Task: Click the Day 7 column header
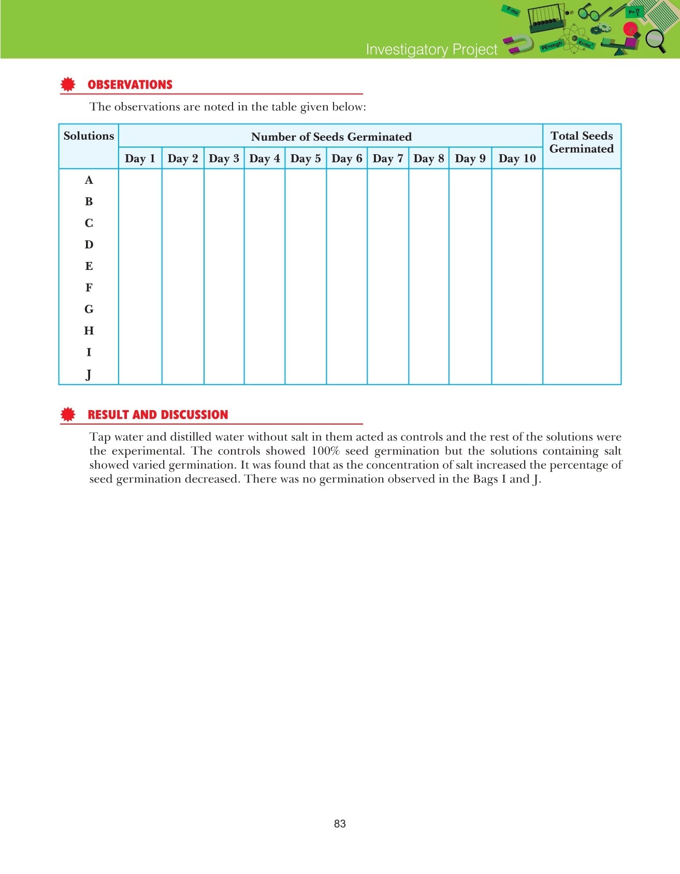coord(387,158)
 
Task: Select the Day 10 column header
coord(517,158)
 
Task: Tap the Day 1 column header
coord(140,158)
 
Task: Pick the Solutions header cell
coord(89,136)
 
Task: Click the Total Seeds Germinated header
coord(581,142)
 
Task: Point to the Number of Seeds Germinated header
coord(331,137)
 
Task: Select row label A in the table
coord(89,180)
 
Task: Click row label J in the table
coord(89,374)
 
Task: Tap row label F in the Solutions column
coord(89,288)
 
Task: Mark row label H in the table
coord(89,331)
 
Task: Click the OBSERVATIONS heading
coord(129,85)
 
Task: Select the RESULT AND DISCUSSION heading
coord(157,415)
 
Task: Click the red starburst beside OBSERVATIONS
coord(68,84)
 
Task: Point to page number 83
coord(340,824)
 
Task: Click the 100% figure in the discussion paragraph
coord(325,451)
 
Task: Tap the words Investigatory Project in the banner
coord(431,49)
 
